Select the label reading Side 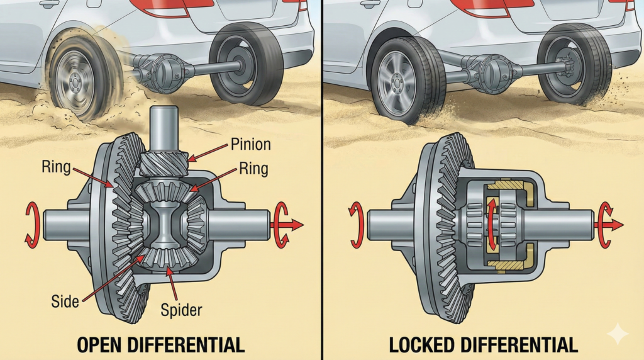(65, 301)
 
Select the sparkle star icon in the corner (618, 334)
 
